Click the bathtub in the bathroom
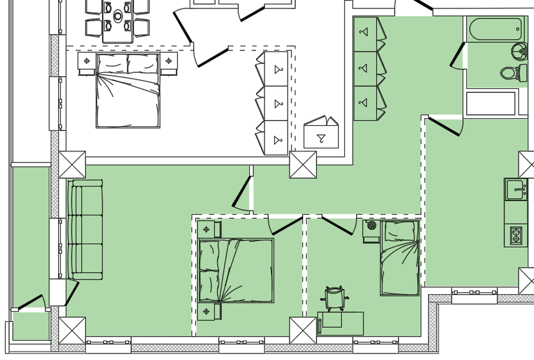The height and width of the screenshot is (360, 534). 496,28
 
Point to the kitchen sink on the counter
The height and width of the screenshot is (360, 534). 516,190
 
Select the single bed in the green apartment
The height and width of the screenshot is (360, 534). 400,258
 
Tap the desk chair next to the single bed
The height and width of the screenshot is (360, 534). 335,299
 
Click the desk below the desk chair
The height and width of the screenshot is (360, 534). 340,323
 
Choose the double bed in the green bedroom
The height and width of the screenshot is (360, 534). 236,270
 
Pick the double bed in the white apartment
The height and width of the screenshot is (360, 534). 128,90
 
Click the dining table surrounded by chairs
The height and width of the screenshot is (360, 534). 118,22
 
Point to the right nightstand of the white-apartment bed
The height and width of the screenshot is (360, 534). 169,62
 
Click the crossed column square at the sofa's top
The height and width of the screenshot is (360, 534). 72,165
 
